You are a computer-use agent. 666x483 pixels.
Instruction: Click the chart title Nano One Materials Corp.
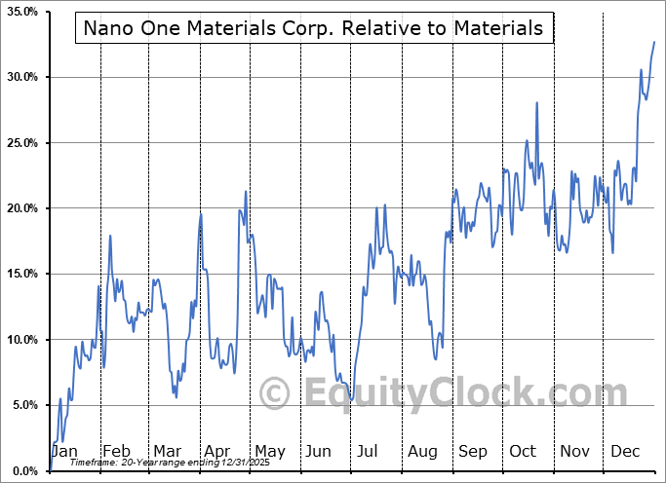[x=313, y=28]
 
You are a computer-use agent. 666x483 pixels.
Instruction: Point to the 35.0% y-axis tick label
[x=22, y=12]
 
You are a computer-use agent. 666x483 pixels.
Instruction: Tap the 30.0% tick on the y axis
[x=22, y=77]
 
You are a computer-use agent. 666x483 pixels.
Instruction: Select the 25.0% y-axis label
[x=22, y=143]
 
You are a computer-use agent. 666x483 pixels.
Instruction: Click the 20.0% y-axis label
[x=22, y=208]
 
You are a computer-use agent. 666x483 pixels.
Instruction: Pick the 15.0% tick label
[x=22, y=274]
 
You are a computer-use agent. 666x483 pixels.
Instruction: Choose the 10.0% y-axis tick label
[x=22, y=340]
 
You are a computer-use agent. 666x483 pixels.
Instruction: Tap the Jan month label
[x=64, y=452]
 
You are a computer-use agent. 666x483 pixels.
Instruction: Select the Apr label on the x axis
[x=216, y=452]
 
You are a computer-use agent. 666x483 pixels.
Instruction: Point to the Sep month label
[x=473, y=452]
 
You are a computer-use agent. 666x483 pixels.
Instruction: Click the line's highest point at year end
[x=653, y=43]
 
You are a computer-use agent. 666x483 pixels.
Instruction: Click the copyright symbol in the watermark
[x=274, y=394]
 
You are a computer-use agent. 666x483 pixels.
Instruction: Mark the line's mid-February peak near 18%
[x=110, y=236]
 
